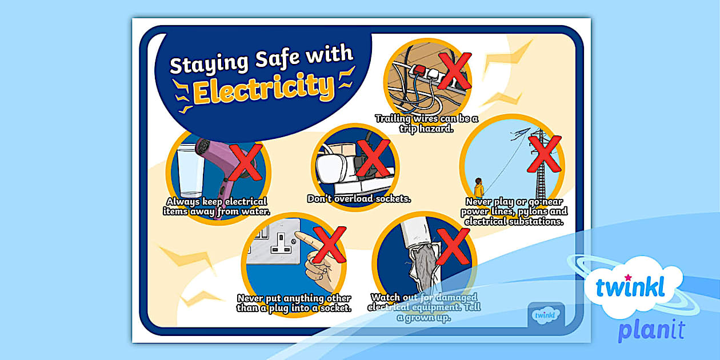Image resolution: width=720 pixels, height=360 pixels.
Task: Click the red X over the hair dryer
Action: [x=245, y=162]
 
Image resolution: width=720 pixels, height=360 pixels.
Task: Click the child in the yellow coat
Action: [x=479, y=188]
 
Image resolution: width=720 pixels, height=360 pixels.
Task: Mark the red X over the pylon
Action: [x=543, y=151]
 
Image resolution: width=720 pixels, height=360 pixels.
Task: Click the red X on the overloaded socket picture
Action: [x=373, y=158]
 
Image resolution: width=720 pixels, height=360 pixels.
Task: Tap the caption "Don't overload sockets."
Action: [x=359, y=199]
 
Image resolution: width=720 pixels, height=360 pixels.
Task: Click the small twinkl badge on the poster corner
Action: [x=546, y=314]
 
